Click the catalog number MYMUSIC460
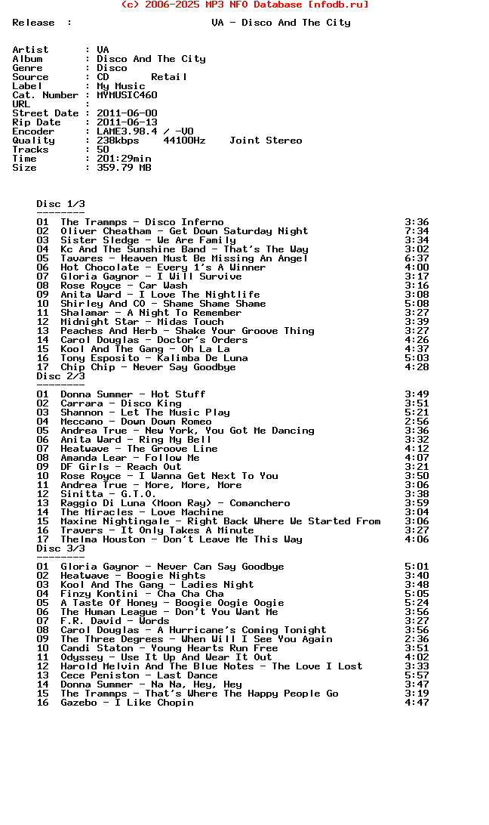tap(127, 95)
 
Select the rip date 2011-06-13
tap(127, 122)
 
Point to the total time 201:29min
tap(124, 159)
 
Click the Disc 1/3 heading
tap(60, 204)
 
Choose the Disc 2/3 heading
tap(60, 376)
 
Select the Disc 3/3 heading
tap(60, 548)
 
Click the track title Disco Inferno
tap(184, 222)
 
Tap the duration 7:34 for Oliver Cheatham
tap(417, 231)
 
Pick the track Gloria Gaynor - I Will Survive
tap(151, 277)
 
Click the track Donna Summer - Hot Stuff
tap(133, 394)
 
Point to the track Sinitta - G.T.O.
tap(109, 494)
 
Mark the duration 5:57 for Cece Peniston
tap(417, 675)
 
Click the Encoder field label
tap(33, 131)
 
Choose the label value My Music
tap(121, 86)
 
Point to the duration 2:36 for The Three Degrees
tap(417, 639)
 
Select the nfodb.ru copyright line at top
tap(244, 5)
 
